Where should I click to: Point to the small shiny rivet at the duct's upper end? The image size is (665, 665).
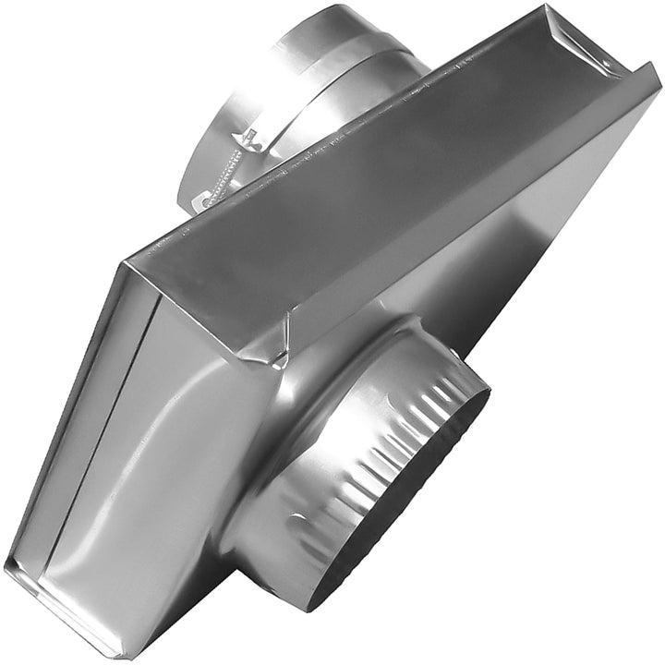606,61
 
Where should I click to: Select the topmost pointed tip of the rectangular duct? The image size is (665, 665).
546,7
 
